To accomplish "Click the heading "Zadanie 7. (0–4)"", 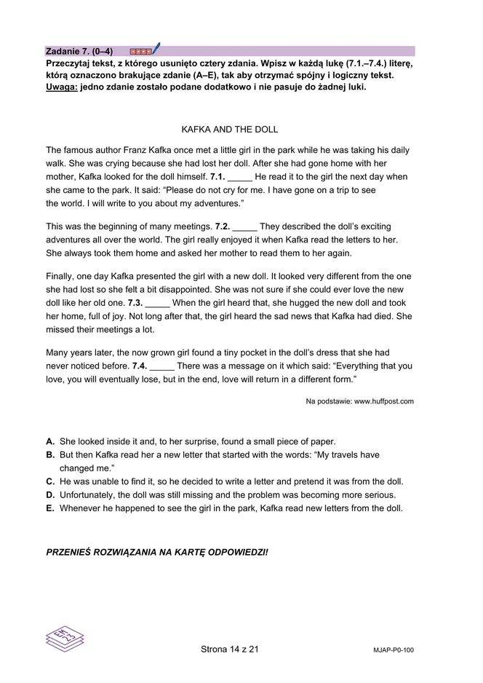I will click(79, 51).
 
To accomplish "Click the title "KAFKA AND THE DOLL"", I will click(229, 130).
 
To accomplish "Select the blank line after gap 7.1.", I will click(240, 177).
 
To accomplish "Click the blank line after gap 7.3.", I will click(158, 302).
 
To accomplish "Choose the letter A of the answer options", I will click(50, 442).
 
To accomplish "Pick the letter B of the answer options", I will click(50, 455).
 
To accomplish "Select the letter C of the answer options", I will click(50, 481).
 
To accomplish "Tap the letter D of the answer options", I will click(50, 494).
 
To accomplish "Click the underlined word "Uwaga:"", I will click(62, 87).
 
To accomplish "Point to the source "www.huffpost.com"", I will click(384, 401).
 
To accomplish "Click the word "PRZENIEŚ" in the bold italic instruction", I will click(70, 553).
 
